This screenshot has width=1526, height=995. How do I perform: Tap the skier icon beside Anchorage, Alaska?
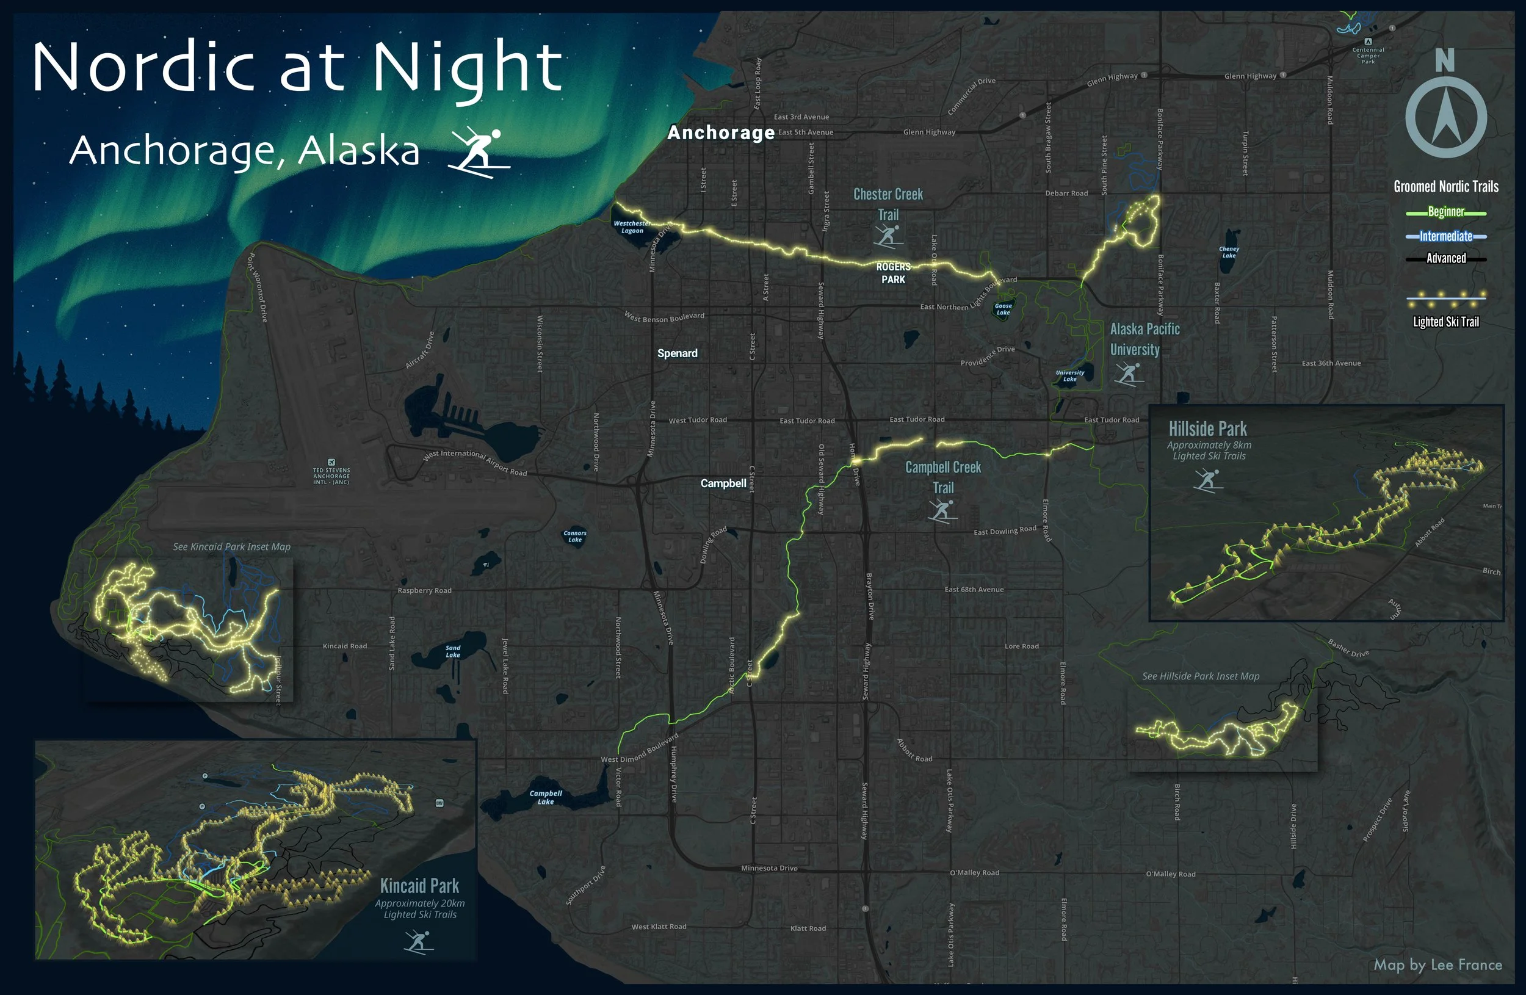480,153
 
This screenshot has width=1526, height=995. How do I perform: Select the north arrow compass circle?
1446,117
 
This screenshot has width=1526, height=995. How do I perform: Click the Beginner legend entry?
1446,212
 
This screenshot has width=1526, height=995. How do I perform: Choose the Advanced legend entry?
1446,258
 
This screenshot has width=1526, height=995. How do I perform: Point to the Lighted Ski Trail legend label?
1446,322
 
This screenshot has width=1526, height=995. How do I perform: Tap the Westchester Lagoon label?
632,227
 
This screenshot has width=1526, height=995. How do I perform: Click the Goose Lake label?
1003,309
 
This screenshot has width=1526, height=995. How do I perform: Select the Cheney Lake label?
1229,252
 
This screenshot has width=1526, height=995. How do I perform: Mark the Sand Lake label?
453,651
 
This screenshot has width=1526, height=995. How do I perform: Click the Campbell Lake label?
546,797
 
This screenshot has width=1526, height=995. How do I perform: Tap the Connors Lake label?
574,536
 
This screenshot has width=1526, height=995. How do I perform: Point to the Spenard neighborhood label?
677,353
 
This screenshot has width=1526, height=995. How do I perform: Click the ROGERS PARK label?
893,273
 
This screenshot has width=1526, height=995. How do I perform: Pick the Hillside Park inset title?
1207,429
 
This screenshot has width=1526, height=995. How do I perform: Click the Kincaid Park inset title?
419,886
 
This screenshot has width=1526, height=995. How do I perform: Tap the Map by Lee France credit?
1437,965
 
